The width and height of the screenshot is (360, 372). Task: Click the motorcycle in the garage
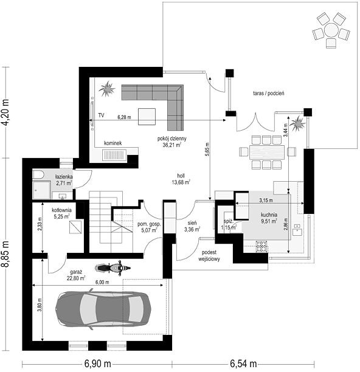(x=112, y=268)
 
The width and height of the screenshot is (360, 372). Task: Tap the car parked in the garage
(x=103, y=309)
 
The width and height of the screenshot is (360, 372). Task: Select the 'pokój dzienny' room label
(x=172, y=139)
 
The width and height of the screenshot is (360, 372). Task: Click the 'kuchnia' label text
(x=269, y=215)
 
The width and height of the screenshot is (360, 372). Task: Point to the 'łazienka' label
(x=64, y=177)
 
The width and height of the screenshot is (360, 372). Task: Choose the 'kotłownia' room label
(x=61, y=210)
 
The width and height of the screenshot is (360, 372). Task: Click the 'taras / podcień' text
(x=268, y=93)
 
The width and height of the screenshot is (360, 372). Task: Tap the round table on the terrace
(x=331, y=30)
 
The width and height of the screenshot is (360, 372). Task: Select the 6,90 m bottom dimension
(x=97, y=363)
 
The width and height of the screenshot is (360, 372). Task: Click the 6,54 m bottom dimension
(x=243, y=363)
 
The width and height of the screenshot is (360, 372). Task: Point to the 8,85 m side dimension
(x=5, y=254)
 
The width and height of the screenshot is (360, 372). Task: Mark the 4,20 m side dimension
(x=5, y=112)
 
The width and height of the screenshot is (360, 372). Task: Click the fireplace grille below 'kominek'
(x=114, y=155)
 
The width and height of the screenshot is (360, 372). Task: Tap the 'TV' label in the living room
(x=102, y=115)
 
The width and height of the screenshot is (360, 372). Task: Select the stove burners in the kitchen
(x=261, y=246)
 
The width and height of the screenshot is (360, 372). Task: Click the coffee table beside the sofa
(x=147, y=117)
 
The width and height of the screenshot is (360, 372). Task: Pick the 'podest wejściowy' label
(x=209, y=256)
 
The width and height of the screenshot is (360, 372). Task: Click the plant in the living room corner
(x=107, y=89)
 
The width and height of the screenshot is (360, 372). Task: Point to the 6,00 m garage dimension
(x=102, y=282)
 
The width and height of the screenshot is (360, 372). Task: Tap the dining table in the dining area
(x=267, y=153)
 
